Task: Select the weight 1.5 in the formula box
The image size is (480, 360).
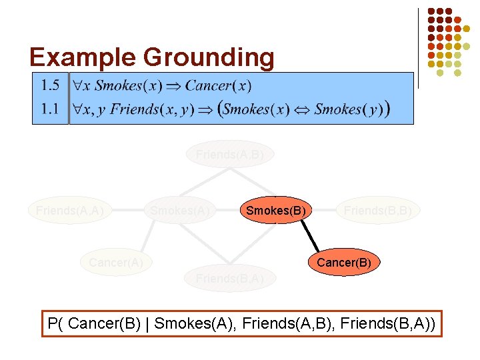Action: click(x=50, y=85)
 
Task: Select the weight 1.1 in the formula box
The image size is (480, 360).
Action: click(x=50, y=109)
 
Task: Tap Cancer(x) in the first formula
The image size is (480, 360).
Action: click(x=218, y=85)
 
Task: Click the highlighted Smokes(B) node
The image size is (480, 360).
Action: click(x=276, y=211)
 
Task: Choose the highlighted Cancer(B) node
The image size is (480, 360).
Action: click(x=343, y=263)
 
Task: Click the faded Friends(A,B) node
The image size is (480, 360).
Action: click(x=229, y=155)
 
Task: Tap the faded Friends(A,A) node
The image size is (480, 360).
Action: click(x=69, y=211)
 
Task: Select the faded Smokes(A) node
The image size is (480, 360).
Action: click(x=180, y=211)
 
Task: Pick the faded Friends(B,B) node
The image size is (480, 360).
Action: click(x=377, y=211)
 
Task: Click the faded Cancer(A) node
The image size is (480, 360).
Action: click(x=116, y=263)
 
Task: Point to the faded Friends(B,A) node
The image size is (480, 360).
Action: click(x=229, y=278)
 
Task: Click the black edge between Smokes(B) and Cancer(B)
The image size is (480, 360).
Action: click(x=311, y=237)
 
